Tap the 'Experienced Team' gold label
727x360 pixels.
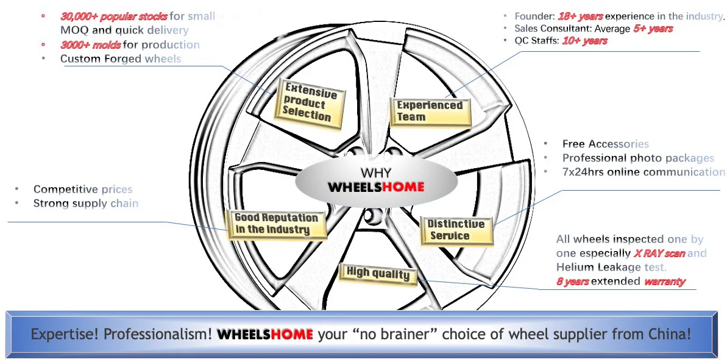click(430, 111)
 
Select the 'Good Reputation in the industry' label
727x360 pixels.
click(276, 224)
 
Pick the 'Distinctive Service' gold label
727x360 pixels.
click(456, 230)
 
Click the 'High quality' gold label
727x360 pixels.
click(378, 274)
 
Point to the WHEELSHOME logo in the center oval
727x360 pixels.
click(375, 187)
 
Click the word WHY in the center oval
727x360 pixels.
click(376, 173)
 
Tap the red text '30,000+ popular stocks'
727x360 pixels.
click(113, 16)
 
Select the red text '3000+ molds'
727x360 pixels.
click(91, 44)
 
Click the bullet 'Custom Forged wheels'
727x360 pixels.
click(120, 59)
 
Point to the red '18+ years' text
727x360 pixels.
click(580, 16)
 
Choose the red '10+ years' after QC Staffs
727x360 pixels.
click(584, 41)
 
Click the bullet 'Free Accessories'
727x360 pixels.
click(605, 144)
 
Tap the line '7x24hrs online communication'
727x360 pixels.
click(644, 172)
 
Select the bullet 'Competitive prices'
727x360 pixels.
click(82, 189)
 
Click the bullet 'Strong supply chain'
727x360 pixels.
click(85, 203)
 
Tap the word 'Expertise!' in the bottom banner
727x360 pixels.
click(65, 334)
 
